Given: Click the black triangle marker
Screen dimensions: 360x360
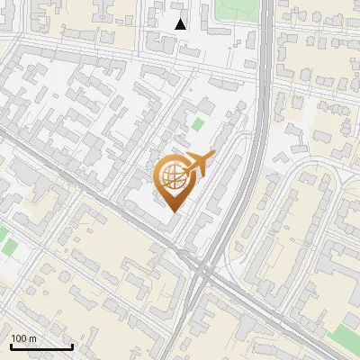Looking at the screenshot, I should click(x=181, y=24).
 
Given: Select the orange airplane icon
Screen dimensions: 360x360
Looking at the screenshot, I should click(x=198, y=166).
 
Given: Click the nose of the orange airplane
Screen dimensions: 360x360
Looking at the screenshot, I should click(x=213, y=155).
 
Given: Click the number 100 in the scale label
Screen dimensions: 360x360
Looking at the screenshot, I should click(x=19, y=338).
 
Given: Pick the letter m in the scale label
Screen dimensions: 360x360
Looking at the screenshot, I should click(x=32, y=338).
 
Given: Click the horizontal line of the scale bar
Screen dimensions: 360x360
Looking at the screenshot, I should click(x=41, y=346).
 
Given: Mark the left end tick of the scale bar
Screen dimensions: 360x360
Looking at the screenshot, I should click(x=11, y=345).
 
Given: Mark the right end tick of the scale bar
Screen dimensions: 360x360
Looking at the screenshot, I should click(x=72, y=345).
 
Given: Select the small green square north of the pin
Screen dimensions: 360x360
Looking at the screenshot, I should click(x=197, y=123).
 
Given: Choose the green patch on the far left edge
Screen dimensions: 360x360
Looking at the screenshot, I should click(x=7, y=241).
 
